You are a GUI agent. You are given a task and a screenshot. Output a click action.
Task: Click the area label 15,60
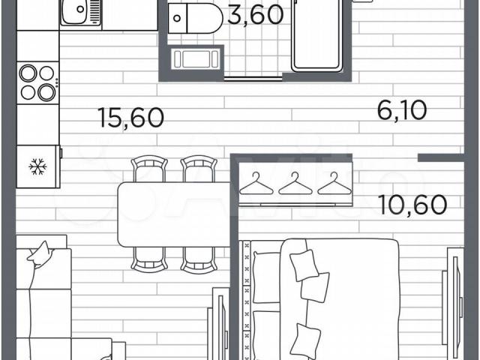click(132, 118)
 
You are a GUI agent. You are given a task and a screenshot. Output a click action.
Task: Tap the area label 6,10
click(402, 110)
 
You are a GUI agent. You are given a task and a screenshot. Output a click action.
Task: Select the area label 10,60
click(412, 205)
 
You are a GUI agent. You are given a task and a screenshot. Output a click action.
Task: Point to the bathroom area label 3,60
click(255, 15)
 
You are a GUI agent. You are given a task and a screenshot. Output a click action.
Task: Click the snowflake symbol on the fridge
click(37, 166)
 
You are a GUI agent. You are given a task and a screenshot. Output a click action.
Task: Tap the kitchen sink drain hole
click(80, 9)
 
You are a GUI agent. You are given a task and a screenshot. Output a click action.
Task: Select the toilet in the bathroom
click(196, 18)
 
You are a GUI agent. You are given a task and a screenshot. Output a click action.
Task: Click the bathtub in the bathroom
click(316, 35)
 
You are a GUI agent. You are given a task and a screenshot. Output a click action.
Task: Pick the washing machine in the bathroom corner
click(196, 58)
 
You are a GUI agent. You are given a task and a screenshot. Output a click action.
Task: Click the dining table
click(175, 214)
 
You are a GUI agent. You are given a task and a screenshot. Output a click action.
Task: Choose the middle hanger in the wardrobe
click(295, 184)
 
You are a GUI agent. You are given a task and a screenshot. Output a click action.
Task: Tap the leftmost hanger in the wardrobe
click(256, 184)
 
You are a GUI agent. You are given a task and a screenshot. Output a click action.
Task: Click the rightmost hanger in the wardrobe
click(334, 184)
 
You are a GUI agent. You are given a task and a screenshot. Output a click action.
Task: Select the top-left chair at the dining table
click(149, 169)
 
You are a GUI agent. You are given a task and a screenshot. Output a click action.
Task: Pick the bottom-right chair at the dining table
click(199, 260)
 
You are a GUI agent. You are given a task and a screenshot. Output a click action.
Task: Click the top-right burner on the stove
click(46, 73)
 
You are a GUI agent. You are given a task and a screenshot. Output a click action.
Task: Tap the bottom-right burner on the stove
click(46, 92)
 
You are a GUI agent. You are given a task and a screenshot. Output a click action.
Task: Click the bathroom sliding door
click(253, 78)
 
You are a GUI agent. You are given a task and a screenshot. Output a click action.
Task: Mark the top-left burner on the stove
click(28, 73)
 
